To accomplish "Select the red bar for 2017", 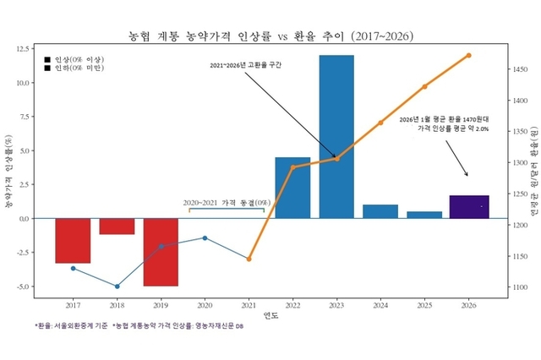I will click(x=73, y=240).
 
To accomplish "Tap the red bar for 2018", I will click(x=117, y=226).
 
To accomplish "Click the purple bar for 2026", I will click(x=468, y=207).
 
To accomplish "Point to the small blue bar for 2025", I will click(x=424, y=215).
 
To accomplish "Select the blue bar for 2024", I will click(x=380, y=211).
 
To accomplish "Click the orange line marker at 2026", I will click(x=468, y=56).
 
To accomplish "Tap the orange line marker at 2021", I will click(x=249, y=259).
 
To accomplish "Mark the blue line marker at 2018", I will click(x=117, y=286).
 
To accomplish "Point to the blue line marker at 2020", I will click(x=205, y=237).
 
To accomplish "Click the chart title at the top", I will click(x=270, y=36).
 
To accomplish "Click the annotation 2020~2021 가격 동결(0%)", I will click(x=227, y=203).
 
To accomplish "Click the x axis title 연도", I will click(x=270, y=316).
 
